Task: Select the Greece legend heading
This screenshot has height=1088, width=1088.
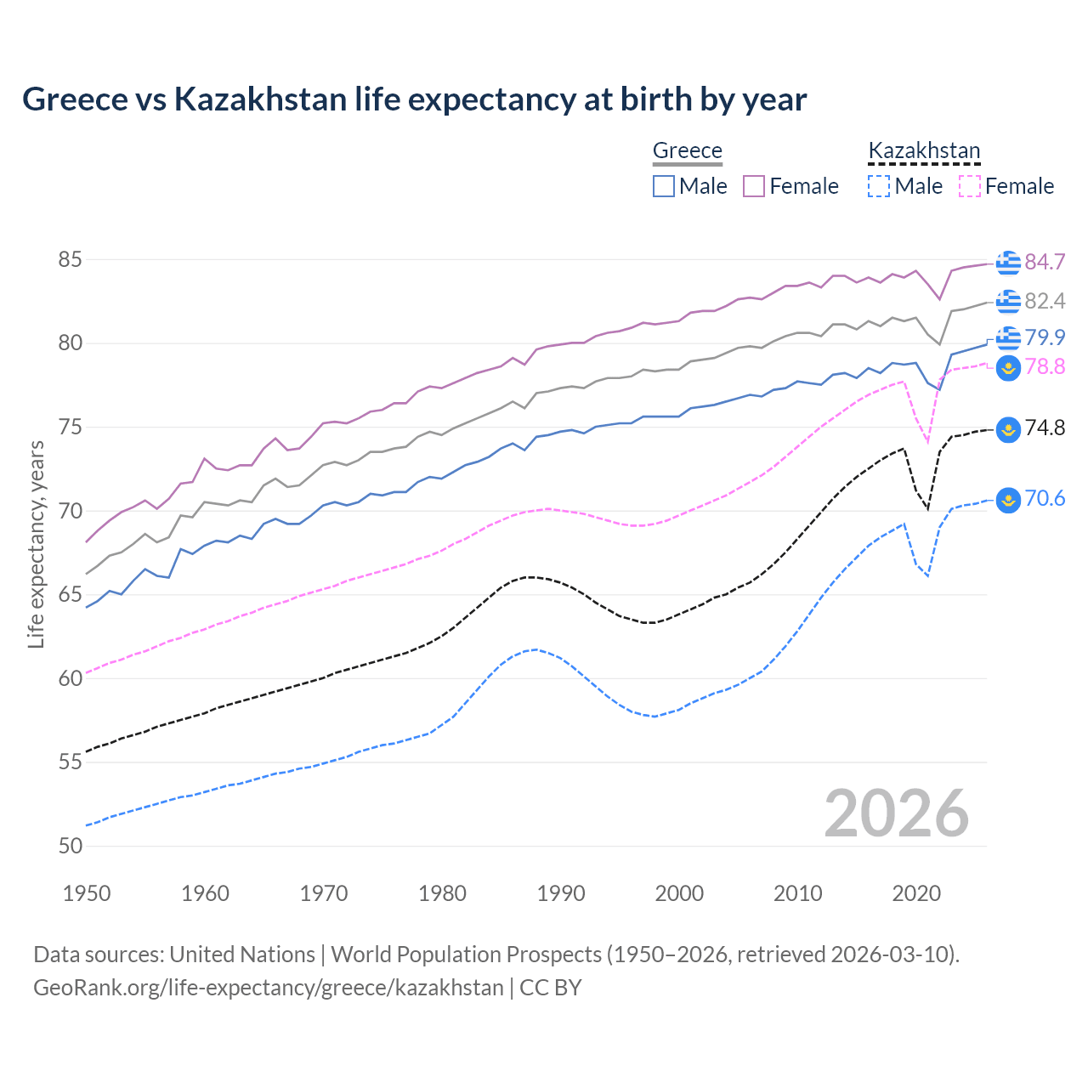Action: coord(687,150)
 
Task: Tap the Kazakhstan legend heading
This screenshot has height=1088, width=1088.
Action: coord(924,150)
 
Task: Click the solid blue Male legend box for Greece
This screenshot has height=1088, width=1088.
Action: coord(664,186)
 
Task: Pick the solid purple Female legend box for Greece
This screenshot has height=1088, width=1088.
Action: coord(754,186)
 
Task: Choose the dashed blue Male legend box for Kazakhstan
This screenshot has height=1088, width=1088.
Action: coord(879,186)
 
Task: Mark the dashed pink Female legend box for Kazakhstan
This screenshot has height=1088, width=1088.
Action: coord(970,186)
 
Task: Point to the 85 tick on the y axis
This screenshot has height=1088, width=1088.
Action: coord(70,259)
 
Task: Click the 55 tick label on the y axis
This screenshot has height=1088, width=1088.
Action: coord(70,762)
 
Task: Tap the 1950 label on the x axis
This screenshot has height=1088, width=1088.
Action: coord(87,893)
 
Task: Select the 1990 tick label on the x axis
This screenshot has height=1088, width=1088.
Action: coord(561,893)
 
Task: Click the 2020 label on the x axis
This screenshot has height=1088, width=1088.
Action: coord(916,893)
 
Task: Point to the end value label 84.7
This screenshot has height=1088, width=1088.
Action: coord(1045,262)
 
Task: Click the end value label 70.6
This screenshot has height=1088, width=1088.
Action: coord(1045,498)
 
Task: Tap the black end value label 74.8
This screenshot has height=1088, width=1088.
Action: coord(1045,428)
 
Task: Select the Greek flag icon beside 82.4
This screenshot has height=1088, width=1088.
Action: coord(1008,301)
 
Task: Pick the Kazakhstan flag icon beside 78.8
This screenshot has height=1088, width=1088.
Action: coord(1008,368)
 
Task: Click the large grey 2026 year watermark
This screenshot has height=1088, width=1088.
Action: coord(896,813)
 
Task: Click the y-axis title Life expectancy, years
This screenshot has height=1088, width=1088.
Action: coord(36,544)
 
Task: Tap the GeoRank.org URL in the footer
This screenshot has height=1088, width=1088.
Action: coord(268,988)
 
